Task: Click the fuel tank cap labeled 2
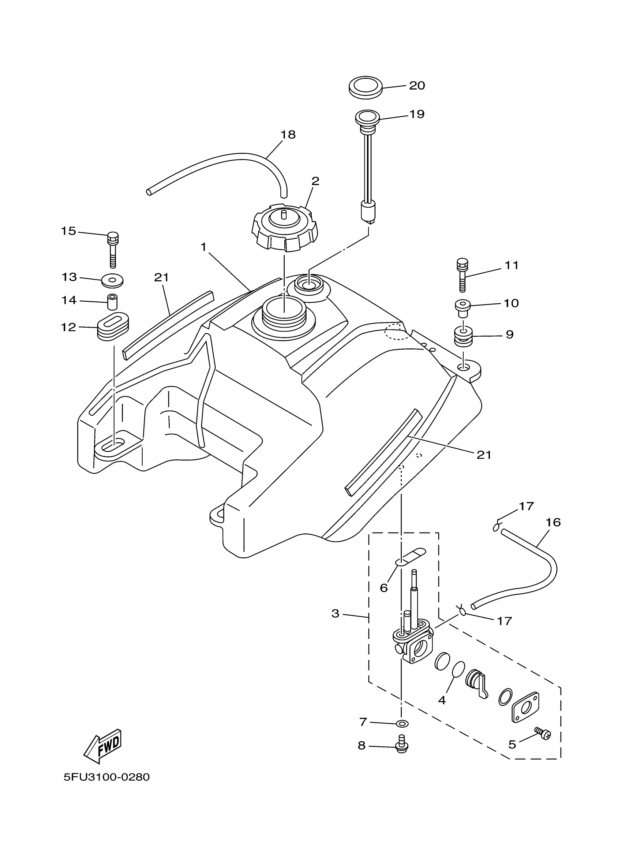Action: click(285, 228)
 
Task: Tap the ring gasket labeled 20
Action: click(365, 88)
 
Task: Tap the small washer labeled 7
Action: click(402, 724)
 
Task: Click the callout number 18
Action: click(288, 134)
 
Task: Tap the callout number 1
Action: click(204, 247)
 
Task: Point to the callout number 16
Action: click(553, 522)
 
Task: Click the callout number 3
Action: click(336, 613)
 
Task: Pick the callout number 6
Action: click(383, 588)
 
